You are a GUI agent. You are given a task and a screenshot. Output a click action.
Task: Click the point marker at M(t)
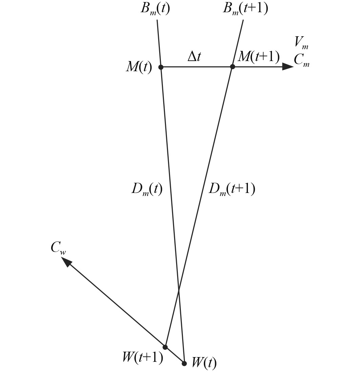point(161,67)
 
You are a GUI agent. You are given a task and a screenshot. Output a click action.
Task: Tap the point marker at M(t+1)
point(232,67)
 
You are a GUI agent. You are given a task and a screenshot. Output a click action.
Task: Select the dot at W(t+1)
point(165,347)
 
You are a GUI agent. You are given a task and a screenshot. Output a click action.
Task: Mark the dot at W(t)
point(184,364)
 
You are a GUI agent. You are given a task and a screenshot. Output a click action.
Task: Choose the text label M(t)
point(139,67)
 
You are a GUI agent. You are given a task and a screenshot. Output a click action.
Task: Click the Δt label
point(194,57)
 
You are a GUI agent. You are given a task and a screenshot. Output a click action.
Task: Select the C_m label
point(301,60)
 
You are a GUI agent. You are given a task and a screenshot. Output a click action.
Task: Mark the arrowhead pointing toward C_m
point(288,67)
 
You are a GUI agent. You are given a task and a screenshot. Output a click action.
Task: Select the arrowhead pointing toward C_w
point(66,262)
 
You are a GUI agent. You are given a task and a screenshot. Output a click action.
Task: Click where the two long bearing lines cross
point(179,291)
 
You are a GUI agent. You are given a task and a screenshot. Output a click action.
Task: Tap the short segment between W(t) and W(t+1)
point(175,355)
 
